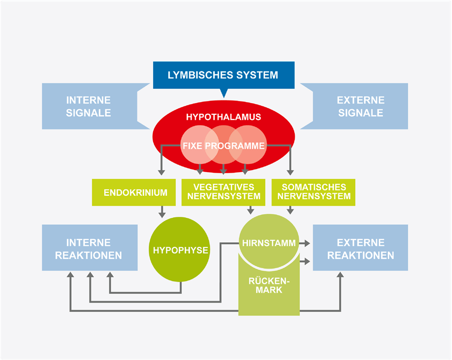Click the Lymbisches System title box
click(x=223, y=75)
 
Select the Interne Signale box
click(x=88, y=106)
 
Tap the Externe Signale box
click(x=360, y=106)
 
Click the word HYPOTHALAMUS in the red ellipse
click(x=223, y=117)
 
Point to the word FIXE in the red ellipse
click(x=193, y=145)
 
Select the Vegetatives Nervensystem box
click(x=223, y=192)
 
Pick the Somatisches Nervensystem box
click(x=314, y=192)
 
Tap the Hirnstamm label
click(x=268, y=243)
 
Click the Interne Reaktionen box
click(x=89, y=249)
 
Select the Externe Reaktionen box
click(x=360, y=249)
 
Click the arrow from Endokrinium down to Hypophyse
click(x=162, y=212)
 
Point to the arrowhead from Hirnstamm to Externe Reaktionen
click(x=307, y=243)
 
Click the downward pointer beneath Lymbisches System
click(x=223, y=93)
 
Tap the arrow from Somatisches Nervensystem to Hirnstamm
click(x=290, y=210)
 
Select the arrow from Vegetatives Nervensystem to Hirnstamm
click(x=250, y=210)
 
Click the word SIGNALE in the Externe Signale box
click(x=360, y=113)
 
